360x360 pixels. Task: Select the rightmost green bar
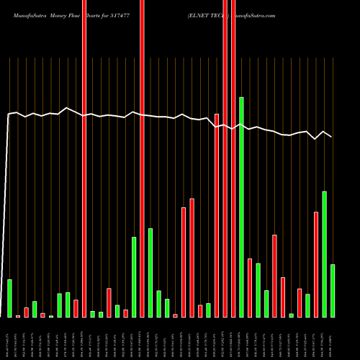(333, 291)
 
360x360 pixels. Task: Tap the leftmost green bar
(9, 298)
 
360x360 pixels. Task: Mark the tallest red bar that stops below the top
(217, 215)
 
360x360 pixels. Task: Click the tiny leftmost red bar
(18, 316)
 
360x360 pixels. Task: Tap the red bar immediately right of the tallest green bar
(250, 288)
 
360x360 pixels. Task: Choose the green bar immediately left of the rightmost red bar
(307, 305)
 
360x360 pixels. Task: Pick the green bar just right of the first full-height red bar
(93, 314)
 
